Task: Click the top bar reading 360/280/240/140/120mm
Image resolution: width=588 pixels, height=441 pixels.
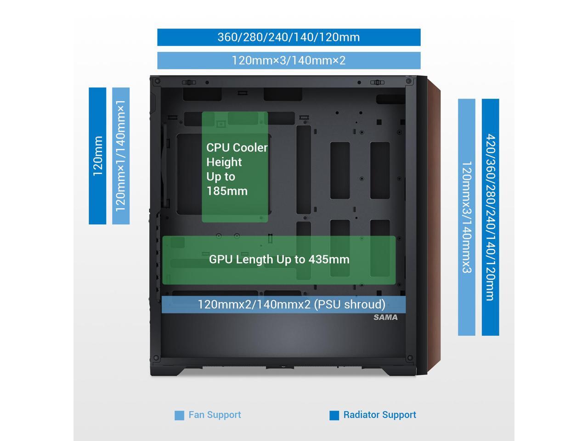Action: (288, 37)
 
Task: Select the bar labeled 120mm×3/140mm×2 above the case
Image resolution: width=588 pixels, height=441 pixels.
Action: (288, 60)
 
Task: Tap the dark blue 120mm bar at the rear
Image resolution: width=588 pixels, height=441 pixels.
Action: (97, 156)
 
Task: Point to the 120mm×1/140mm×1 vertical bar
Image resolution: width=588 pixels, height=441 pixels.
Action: (121, 156)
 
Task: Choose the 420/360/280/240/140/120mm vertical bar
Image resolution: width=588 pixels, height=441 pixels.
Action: (490, 217)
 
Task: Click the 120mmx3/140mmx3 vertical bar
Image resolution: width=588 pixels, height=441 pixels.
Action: (466, 217)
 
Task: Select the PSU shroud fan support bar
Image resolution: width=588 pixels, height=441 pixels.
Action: (283, 304)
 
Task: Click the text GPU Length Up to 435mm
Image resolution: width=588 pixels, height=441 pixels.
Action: (279, 260)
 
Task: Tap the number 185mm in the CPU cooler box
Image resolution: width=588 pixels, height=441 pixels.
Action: (227, 191)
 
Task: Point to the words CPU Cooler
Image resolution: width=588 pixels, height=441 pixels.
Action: (237, 147)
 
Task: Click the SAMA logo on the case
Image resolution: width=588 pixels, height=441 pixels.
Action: (385, 317)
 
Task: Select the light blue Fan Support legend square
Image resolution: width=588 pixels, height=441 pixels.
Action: (179, 415)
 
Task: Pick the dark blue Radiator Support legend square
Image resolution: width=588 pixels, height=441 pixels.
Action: (334, 415)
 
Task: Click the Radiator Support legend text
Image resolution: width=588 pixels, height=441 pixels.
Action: (379, 415)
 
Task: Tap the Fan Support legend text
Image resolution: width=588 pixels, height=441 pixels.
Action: (215, 415)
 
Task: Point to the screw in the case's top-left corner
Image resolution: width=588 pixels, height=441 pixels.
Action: (158, 81)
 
